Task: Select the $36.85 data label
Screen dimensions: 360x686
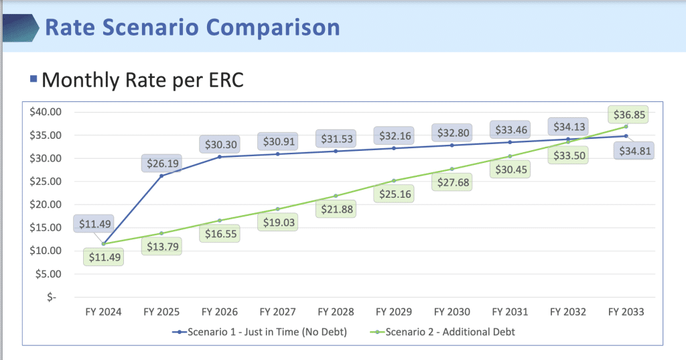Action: coord(626,115)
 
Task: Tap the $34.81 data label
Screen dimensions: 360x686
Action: coord(634,151)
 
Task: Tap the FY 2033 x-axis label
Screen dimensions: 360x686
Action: coord(625,312)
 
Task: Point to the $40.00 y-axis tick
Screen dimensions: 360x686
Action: coord(46,112)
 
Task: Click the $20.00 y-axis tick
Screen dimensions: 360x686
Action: coord(46,204)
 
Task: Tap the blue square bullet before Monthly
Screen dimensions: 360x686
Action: coord(33,79)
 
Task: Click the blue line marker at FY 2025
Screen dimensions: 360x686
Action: coord(161,176)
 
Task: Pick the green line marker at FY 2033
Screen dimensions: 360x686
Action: coord(626,127)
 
